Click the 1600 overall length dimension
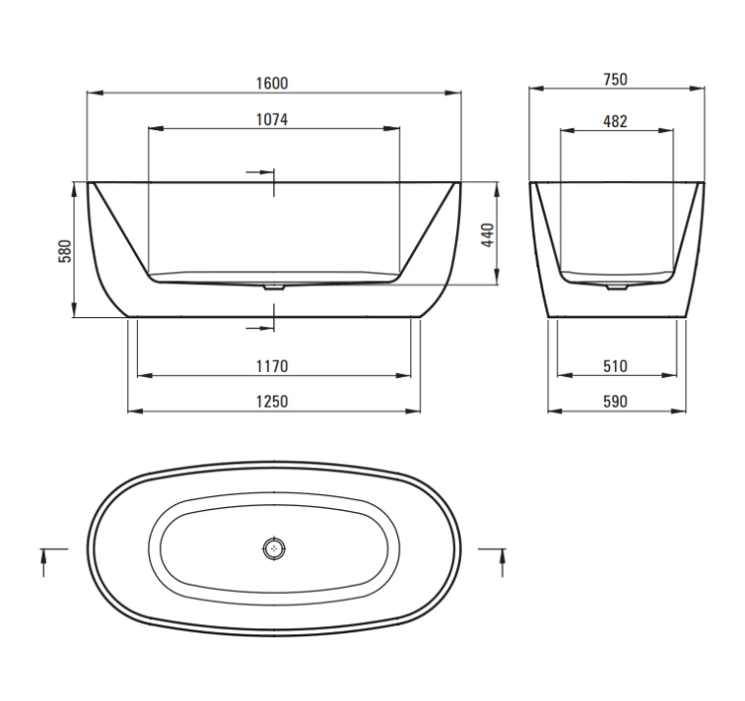(272, 84)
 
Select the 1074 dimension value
(272, 119)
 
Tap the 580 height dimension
(65, 252)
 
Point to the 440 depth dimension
(488, 235)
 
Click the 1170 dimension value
(272, 366)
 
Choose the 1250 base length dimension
(272, 402)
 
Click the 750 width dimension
(615, 80)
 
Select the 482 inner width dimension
(615, 121)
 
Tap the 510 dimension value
(615, 366)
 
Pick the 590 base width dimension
(615, 402)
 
